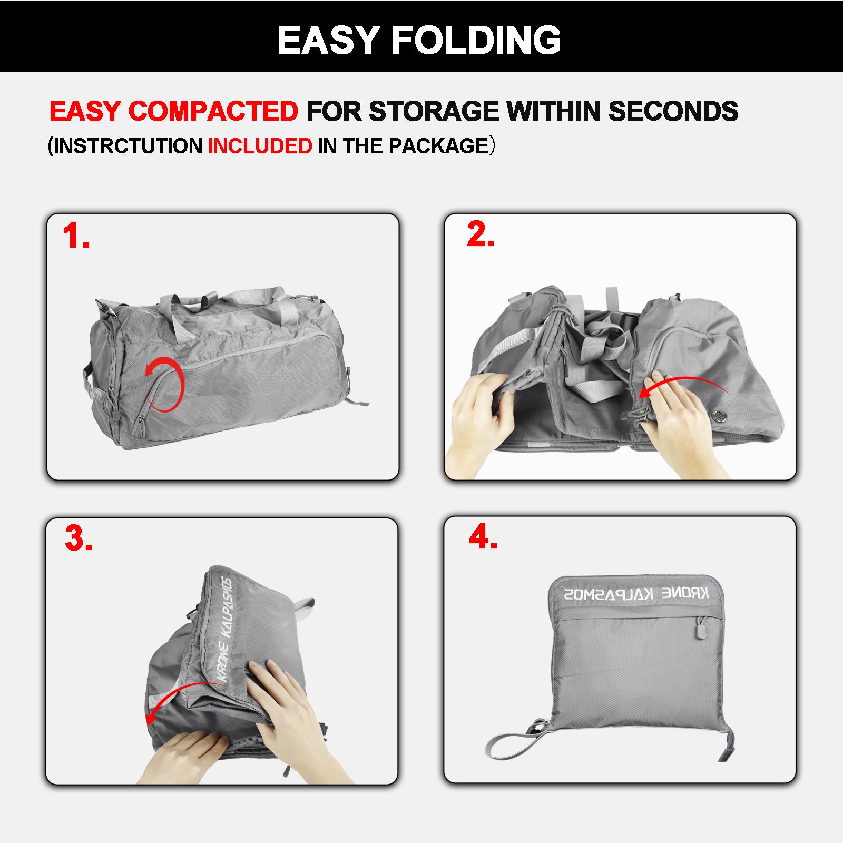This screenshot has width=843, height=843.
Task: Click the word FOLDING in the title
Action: [476, 40]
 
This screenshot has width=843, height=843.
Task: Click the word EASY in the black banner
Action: [328, 40]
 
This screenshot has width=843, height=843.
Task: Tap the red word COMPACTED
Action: [213, 111]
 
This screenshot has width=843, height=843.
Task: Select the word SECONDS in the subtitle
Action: [673, 111]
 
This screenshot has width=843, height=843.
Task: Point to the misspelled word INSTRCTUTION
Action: [128, 146]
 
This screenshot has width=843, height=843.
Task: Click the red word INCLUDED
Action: [260, 146]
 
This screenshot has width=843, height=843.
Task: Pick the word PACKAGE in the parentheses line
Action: [439, 146]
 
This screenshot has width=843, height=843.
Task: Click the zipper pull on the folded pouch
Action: [701, 628]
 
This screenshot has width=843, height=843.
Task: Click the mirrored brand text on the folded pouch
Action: [636, 594]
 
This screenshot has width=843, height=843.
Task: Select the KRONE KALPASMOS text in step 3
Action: [226, 630]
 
